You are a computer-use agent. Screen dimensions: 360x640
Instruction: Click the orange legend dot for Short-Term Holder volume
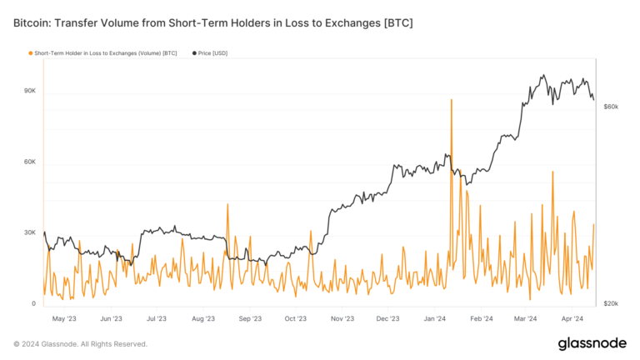click(x=30, y=53)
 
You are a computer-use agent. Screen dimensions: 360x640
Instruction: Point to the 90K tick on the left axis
click(x=29, y=91)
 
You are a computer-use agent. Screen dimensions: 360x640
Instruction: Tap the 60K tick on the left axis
click(x=29, y=162)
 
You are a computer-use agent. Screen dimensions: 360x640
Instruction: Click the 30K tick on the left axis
click(x=29, y=232)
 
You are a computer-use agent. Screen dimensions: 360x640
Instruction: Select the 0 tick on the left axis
click(x=33, y=303)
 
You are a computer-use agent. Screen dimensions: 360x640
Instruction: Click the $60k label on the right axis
click(x=611, y=107)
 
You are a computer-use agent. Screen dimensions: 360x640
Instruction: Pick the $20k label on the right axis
click(x=611, y=303)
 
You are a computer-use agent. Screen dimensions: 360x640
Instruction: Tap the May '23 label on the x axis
click(x=65, y=318)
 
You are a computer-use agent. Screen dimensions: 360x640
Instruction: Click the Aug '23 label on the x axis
click(x=203, y=318)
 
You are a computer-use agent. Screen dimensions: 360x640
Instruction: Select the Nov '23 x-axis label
click(x=342, y=318)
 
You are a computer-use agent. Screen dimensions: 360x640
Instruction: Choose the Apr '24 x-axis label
click(x=572, y=318)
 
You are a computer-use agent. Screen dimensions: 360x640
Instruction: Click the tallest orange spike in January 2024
click(x=451, y=100)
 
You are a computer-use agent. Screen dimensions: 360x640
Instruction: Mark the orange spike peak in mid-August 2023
click(x=227, y=205)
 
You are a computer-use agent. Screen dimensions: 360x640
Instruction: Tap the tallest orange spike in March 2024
click(x=552, y=172)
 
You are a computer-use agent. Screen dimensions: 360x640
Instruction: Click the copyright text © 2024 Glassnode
click(x=81, y=344)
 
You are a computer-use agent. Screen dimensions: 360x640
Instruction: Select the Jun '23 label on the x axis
click(x=111, y=318)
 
